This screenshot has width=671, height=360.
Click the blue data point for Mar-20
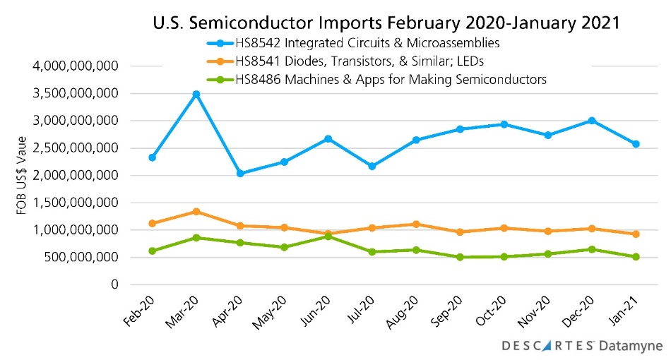click(x=196, y=94)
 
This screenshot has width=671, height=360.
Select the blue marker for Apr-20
click(x=240, y=173)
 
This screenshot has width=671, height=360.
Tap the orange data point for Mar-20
click(x=196, y=211)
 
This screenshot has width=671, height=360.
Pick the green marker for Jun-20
click(x=328, y=236)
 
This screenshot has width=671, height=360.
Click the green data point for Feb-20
click(x=152, y=251)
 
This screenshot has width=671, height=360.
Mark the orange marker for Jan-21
click(x=636, y=234)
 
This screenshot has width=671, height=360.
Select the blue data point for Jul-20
click(x=372, y=166)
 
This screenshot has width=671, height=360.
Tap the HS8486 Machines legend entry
click(x=374, y=79)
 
